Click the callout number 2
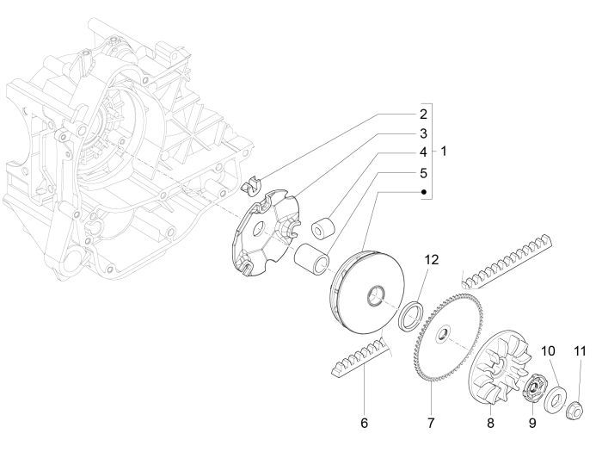pyautogui.click(x=422, y=114)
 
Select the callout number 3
pyautogui.click(x=422, y=133)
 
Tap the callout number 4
pyautogui.click(x=422, y=152)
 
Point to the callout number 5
pyautogui.click(x=422, y=172)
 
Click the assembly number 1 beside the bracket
pyautogui.click(x=444, y=152)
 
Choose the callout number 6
pyautogui.click(x=364, y=423)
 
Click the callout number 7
pyautogui.click(x=431, y=423)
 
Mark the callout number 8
pyautogui.click(x=489, y=423)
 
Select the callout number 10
pyautogui.click(x=548, y=350)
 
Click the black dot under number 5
pyautogui.click(x=422, y=192)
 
